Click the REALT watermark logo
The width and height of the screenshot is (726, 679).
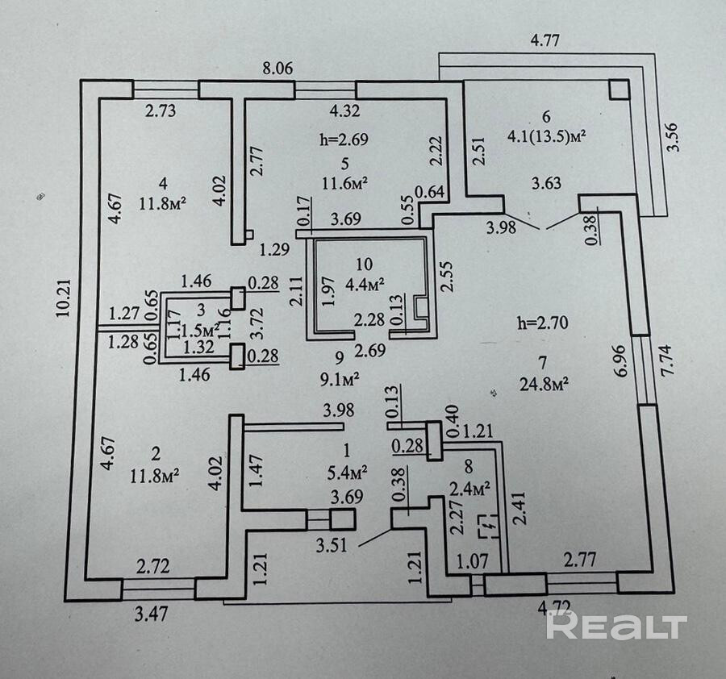(x=617, y=626)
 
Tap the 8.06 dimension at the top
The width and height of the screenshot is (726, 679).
(x=278, y=70)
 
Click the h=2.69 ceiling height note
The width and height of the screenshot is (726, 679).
(x=344, y=139)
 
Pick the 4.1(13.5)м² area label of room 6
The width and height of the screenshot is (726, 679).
(x=552, y=136)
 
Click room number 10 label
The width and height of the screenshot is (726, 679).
(x=365, y=264)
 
